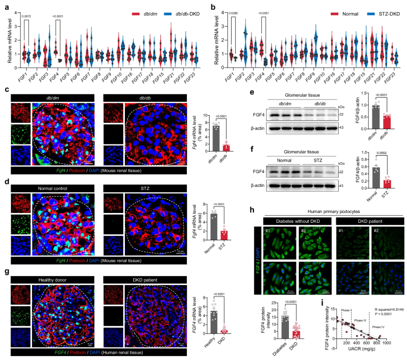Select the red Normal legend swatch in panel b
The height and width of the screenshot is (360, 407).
pyautogui.click(x=334, y=14)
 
